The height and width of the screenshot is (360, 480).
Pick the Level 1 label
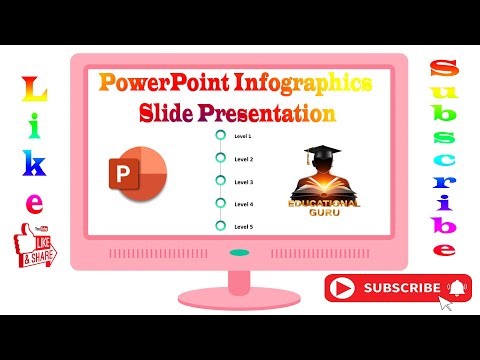pyautogui.click(x=243, y=135)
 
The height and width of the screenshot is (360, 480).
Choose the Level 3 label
pyautogui.click(x=243, y=182)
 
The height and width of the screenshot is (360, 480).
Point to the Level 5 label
pyautogui.click(x=243, y=227)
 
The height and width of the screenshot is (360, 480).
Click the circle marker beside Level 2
pyautogui.click(x=219, y=159)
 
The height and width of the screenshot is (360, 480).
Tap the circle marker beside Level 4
pyautogui.click(x=219, y=204)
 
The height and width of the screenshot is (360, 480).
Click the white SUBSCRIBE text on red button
pyautogui.click(x=401, y=288)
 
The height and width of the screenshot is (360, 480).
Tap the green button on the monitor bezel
pyautogui.click(x=240, y=254)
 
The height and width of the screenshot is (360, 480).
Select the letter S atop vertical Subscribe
pyautogui.click(x=443, y=70)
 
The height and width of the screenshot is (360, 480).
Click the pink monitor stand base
pyautogui.click(x=240, y=299)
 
